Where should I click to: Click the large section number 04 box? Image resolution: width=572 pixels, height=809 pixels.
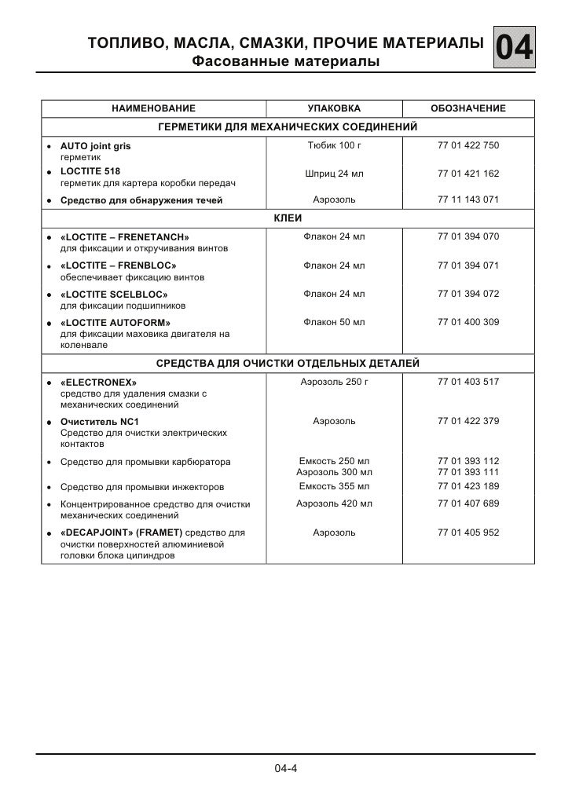pyautogui.click(x=515, y=49)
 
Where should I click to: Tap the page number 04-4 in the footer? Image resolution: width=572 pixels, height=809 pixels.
pyautogui.click(x=286, y=767)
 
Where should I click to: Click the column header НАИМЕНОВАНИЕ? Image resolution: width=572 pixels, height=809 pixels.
pyautogui.click(x=153, y=108)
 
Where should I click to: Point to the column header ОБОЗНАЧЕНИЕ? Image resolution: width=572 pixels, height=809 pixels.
pyautogui.click(x=468, y=108)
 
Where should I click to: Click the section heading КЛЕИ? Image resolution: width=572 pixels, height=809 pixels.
pyautogui.click(x=287, y=218)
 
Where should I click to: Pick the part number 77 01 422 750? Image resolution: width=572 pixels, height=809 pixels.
pyautogui.click(x=468, y=146)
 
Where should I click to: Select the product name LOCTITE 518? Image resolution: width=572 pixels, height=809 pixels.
pyautogui.click(x=90, y=170)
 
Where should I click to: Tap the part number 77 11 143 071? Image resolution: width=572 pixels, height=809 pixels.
pyautogui.click(x=468, y=200)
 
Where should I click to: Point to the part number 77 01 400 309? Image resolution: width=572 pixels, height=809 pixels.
pyautogui.click(x=468, y=322)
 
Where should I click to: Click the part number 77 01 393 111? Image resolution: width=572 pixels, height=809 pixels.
pyautogui.click(x=468, y=473)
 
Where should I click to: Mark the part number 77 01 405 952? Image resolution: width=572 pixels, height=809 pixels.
pyautogui.click(x=468, y=533)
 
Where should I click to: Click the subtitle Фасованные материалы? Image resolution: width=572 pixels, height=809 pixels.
pyautogui.click(x=286, y=61)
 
